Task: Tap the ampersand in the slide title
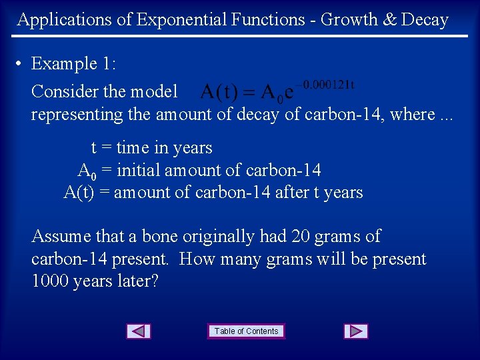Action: [389, 20]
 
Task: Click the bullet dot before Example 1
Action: [20, 64]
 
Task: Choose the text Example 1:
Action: [73, 64]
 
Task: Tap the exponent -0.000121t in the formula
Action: [326, 85]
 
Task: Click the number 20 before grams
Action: [309, 237]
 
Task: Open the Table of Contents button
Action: [246, 331]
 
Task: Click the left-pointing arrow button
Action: [139, 331]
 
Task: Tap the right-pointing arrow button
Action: [356, 331]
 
